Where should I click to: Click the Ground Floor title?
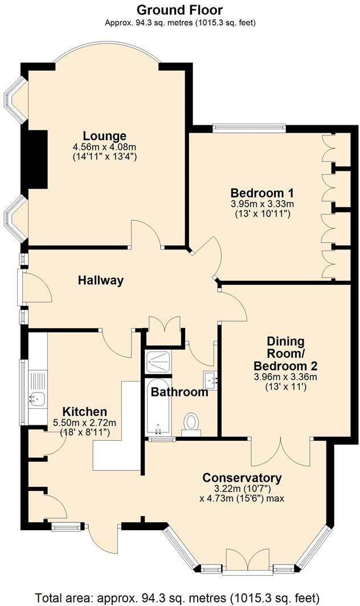179,10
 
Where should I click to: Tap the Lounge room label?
104,136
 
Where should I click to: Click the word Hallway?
101,280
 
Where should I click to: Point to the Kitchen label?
84,411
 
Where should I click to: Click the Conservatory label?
242,477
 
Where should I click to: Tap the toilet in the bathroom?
191,423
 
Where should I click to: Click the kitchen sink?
38,398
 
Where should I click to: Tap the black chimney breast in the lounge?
38,158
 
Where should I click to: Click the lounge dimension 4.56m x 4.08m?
104,147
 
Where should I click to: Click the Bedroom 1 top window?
248,128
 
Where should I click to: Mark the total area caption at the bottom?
179,597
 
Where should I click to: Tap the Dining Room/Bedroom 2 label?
285,353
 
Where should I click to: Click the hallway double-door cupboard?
163,329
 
